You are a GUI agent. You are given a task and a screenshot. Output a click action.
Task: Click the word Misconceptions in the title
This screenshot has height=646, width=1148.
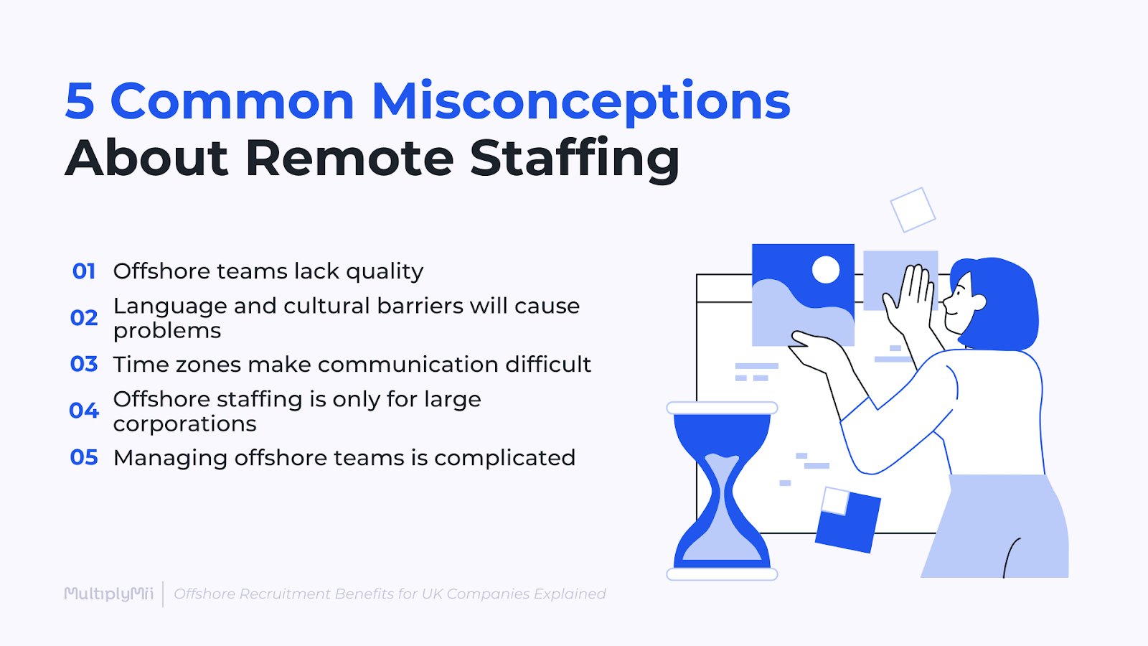(581, 102)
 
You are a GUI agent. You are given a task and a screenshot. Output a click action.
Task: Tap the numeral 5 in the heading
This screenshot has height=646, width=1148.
(80, 102)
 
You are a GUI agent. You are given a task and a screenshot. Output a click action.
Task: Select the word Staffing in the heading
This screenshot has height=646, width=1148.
(575, 159)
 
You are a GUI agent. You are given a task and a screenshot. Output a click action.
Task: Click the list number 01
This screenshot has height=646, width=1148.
(84, 271)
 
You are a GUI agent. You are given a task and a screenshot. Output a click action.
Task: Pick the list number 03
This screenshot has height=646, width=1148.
(84, 365)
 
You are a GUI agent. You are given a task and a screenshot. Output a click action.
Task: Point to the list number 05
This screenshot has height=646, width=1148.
(84, 458)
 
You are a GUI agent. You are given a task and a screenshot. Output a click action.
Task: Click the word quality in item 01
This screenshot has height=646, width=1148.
(385, 272)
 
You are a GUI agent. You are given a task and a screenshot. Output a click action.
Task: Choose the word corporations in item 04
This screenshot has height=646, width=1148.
(184, 424)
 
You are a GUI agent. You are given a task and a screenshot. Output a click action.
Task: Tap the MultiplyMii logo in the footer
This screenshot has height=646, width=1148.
(109, 594)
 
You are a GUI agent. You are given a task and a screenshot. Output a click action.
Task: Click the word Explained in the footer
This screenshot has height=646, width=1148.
(570, 594)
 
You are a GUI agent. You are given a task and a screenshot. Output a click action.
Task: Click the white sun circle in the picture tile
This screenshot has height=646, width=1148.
(826, 270)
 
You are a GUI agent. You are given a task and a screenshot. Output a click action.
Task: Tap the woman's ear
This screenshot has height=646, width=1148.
(979, 302)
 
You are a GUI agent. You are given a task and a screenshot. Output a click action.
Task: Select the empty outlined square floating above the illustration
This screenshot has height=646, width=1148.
(913, 210)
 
